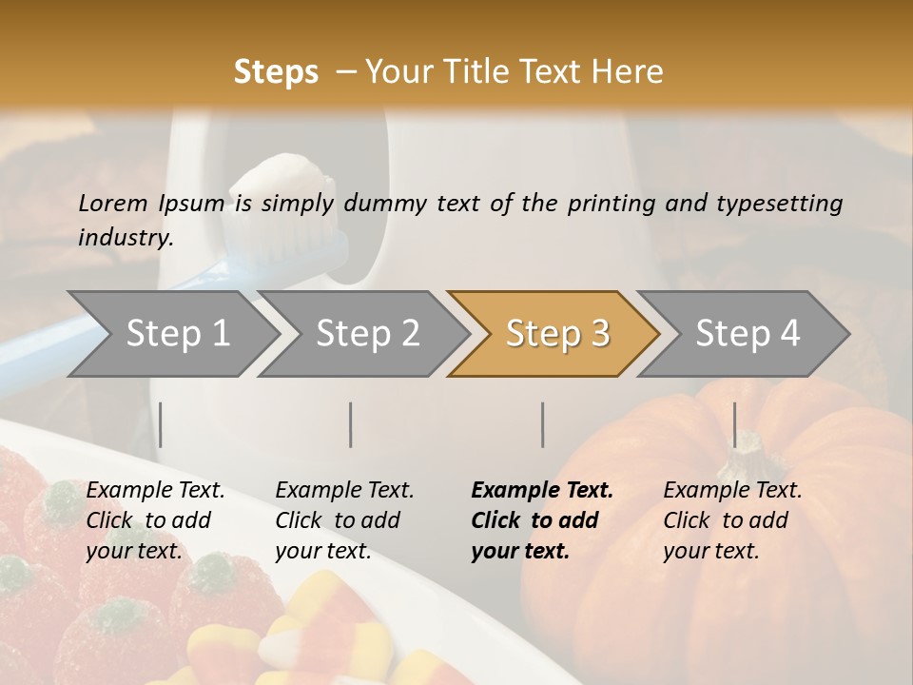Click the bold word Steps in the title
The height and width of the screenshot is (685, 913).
tap(276, 71)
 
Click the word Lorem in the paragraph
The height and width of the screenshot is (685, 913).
tap(112, 203)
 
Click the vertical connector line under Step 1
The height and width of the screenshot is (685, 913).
tap(161, 424)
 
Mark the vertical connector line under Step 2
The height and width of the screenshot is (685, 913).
tap(351, 424)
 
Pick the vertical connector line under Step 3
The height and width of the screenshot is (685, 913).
tap(543, 424)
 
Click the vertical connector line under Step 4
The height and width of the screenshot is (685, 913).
tap(734, 424)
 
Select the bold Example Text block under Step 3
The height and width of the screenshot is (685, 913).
tap(542, 520)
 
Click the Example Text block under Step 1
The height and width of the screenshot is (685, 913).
tap(155, 520)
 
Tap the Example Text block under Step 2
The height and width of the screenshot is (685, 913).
tap(344, 520)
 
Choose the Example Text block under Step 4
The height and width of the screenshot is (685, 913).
tap(732, 520)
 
